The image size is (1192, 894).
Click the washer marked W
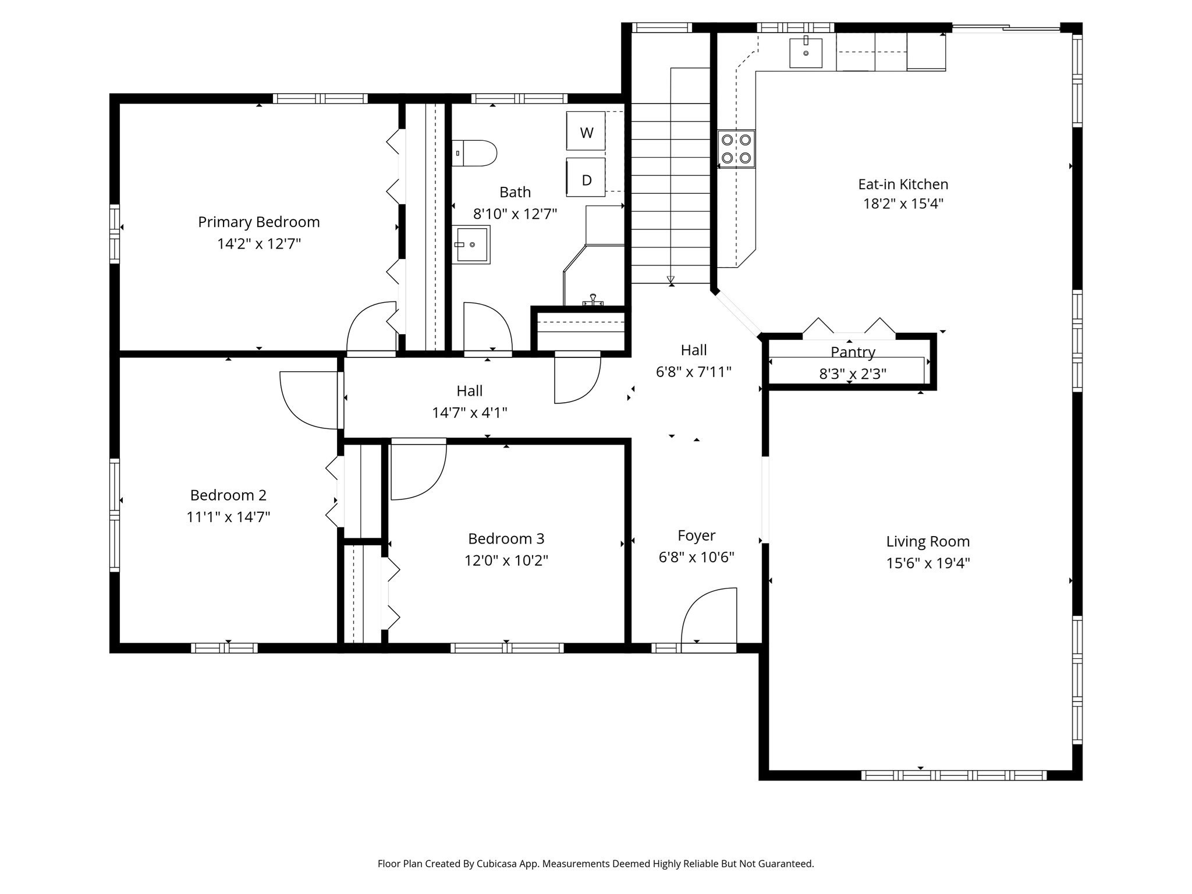[586, 132]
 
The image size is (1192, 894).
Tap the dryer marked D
[586, 178]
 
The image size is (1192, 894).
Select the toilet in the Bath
[475, 153]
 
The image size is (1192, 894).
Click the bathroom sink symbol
[471, 244]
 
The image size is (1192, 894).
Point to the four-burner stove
[736, 149]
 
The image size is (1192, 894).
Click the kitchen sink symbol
[806, 53]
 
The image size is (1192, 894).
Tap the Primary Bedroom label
[258, 222]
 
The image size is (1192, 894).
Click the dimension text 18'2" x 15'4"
[903, 204]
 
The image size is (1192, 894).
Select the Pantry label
[853, 352]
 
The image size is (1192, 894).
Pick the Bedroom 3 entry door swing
[418, 470]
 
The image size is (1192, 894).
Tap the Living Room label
[928, 541]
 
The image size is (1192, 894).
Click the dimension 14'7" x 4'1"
[469, 413]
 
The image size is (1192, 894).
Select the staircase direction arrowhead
[670, 279]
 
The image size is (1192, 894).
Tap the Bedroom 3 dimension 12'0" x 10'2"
[506, 560]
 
